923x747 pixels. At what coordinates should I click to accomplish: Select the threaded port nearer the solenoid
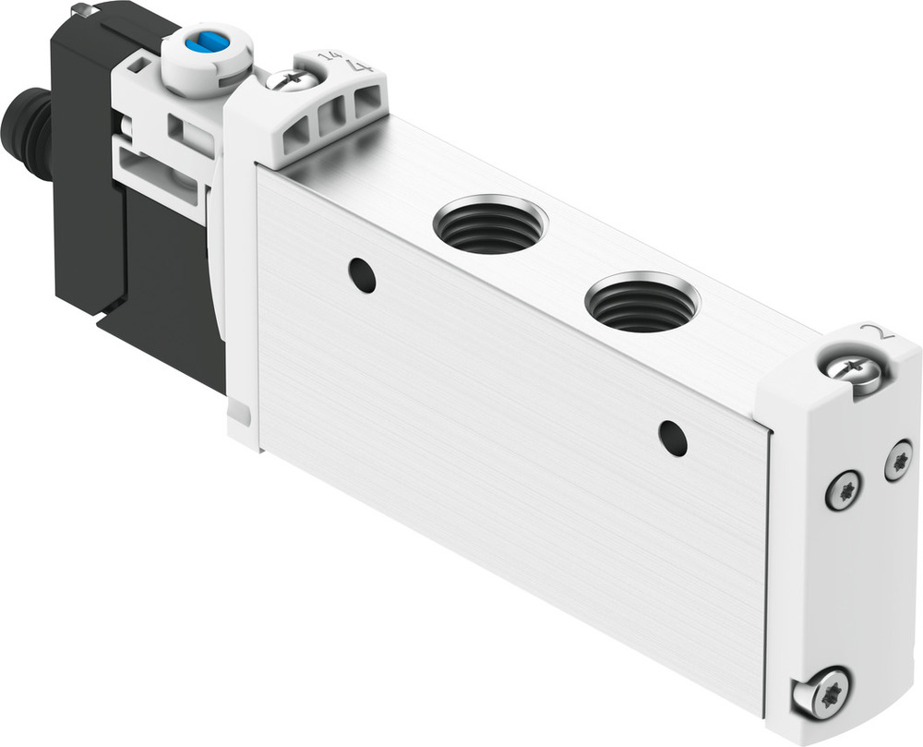[x=489, y=224]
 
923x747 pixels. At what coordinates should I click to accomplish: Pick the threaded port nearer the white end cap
[x=642, y=302]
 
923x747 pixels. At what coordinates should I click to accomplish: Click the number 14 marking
[x=327, y=58]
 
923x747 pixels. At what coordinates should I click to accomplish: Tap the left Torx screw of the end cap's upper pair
[x=844, y=489]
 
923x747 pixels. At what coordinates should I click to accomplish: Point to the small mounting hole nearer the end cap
[x=673, y=437]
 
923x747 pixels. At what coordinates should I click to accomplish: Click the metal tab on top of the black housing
[x=86, y=10]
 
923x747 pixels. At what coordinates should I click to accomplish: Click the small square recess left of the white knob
[x=139, y=65]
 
